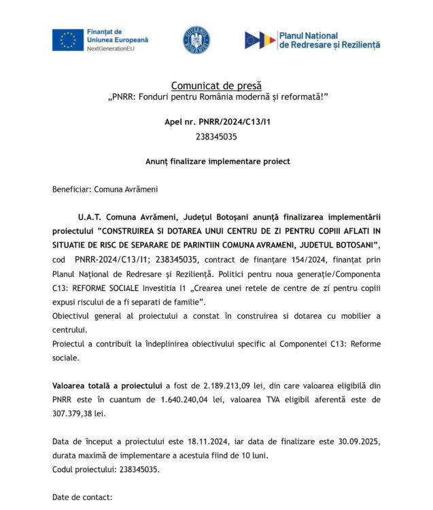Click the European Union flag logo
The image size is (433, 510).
pyautogui.click(x=68, y=40)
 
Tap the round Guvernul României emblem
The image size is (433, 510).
pyautogui.click(x=196, y=40)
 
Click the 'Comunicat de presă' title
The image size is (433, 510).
pyautogui.click(x=216, y=86)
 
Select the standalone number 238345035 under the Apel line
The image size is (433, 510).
pyautogui.click(x=216, y=136)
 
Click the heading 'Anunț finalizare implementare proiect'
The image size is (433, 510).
pyautogui.click(x=218, y=161)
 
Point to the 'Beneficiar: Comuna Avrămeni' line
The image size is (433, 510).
pyautogui.click(x=105, y=190)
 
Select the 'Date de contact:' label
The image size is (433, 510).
pyautogui.click(x=82, y=498)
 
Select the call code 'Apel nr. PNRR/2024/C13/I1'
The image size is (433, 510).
pyautogui.click(x=216, y=122)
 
